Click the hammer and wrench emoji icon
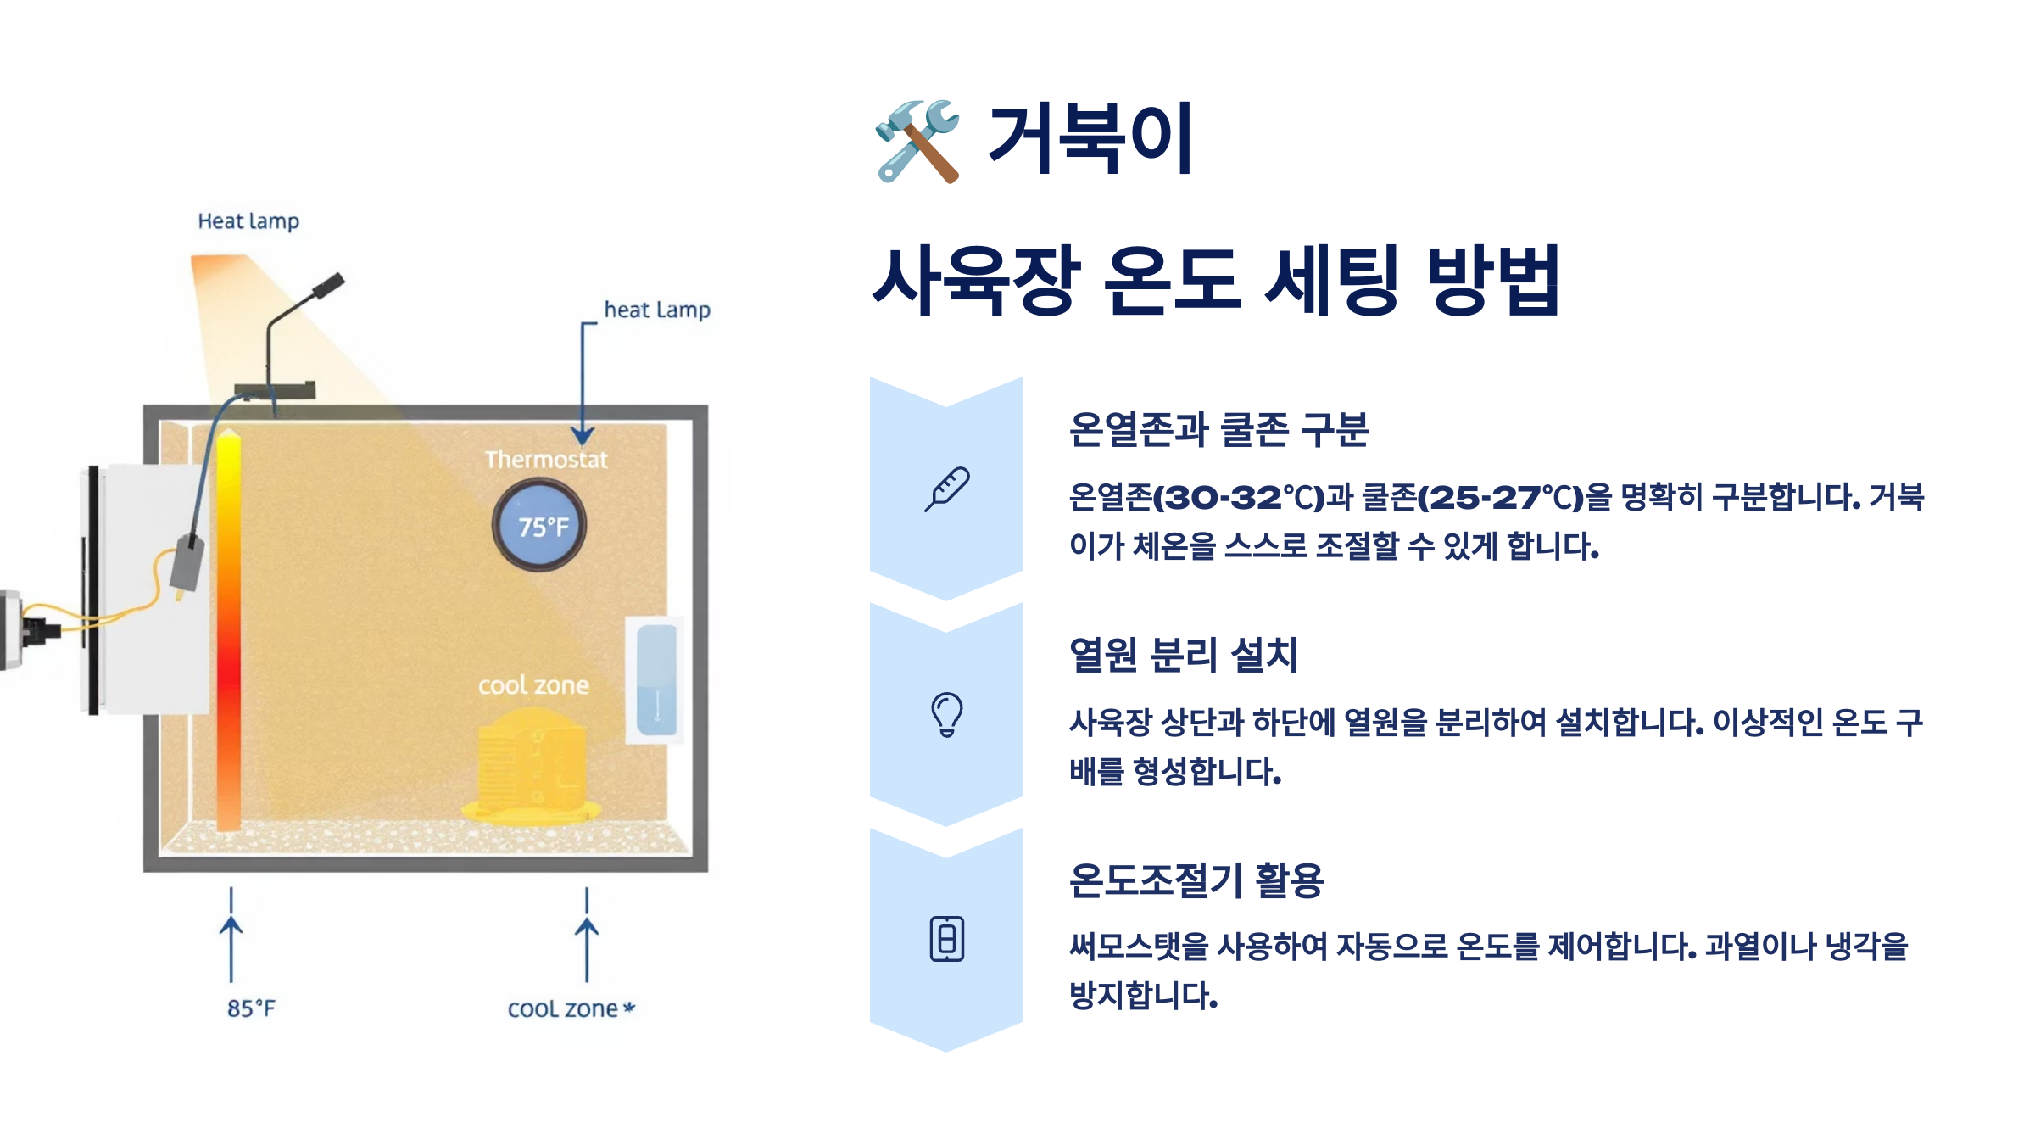[x=917, y=141]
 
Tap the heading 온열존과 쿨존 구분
[x=1218, y=429]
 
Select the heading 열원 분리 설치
[x=1184, y=655]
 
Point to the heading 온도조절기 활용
[x=1196, y=880]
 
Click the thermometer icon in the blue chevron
[x=946, y=489]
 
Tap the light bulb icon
[x=946, y=714]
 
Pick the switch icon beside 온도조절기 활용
[x=946, y=939]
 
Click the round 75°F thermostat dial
[x=539, y=526]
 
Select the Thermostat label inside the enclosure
[x=546, y=460]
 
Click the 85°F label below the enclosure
[x=251, y=1008]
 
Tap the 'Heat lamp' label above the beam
[x=248, y=221]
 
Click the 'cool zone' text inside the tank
[x=533, y=685]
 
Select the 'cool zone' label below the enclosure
[x=563, y=1008]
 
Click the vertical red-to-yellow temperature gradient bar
[x=228, y=632]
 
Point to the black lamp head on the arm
[x=328, y=286]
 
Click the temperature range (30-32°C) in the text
[x=1239, y=497]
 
